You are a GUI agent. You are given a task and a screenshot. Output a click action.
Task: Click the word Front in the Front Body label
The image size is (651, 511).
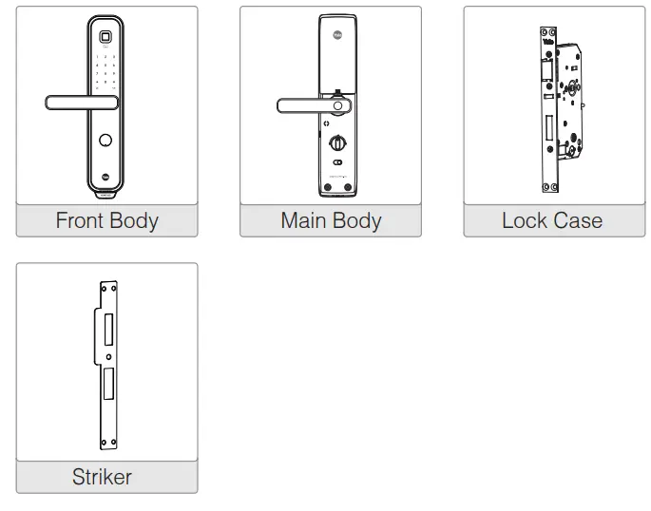pyautogui.click(x=80, y=221)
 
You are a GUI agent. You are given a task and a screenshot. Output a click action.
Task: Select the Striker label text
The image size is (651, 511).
pyautogui.click(x=103, y=477)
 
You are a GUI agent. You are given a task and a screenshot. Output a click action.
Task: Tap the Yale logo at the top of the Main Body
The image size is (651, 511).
pyautogui.click(x=338, y=37)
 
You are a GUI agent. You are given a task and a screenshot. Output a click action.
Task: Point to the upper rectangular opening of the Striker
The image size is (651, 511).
pyautogui.click(x=106, y=329)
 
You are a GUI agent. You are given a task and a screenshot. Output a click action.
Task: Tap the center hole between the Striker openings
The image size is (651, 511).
pyautogui.click(x=108, y=358)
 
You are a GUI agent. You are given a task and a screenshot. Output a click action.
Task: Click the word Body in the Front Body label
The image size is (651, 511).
pyautogui.click(x=133, y=221)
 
